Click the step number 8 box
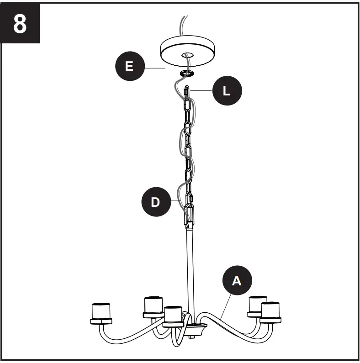(x=20, y=24)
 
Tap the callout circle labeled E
(x=129, y=66)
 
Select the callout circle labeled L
(x=227, y=91)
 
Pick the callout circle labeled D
(x=156, y=201)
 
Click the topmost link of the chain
(x=187, y=93)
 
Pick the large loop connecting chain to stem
(x=189, y=215)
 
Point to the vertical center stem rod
(x=189, y=269)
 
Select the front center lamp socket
(x=173, y=316)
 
